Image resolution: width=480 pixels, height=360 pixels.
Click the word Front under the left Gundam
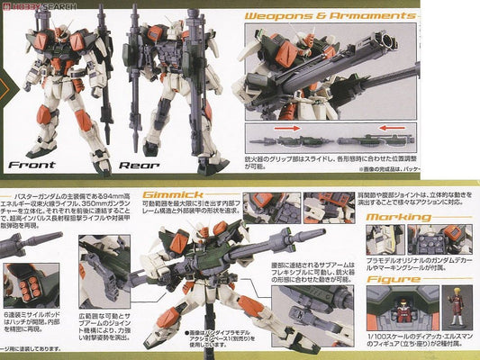coord(32,165)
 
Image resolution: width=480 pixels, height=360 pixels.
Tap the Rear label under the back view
coord(140,165)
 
